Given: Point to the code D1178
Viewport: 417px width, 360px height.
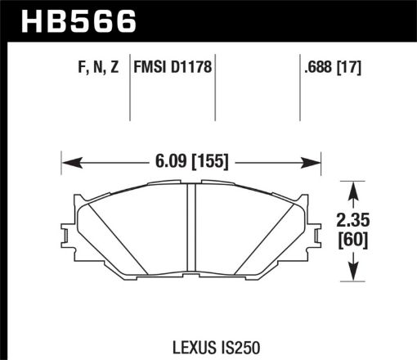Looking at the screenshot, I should click(193, 70).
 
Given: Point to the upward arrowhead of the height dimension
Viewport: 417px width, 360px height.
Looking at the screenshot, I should click(352, 190).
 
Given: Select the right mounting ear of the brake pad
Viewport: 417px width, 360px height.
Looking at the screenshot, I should click(315, 232).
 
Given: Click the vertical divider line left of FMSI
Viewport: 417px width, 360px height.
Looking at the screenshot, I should click(132, 94).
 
